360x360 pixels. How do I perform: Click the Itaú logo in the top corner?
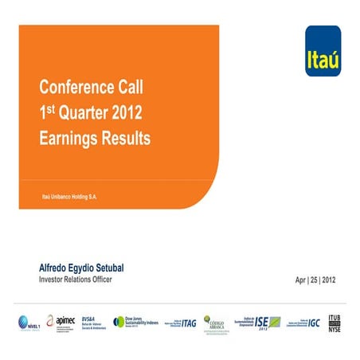tap(323, 51)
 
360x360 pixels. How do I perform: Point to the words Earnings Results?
tap(95, 137)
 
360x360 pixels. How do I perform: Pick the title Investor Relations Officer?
tap(76, 280)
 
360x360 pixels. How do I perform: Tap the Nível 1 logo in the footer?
tap(29, 322)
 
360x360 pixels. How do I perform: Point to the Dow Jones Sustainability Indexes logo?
tap(136, 321)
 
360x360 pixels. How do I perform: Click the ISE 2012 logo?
tap(262, 322)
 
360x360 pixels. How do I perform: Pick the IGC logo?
tap(303, 322)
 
